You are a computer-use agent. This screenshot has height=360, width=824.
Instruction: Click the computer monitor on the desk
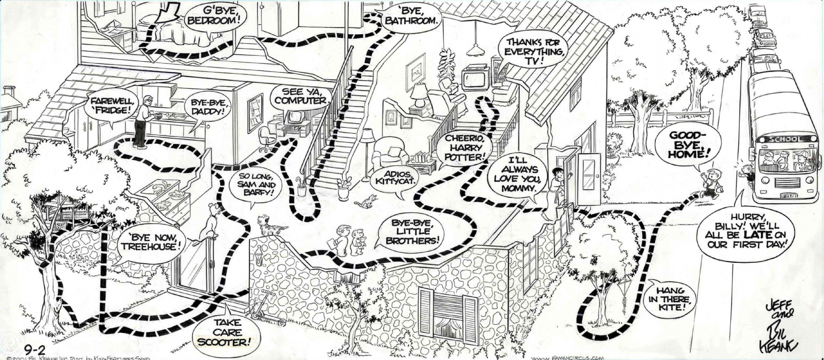coord(295,118)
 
